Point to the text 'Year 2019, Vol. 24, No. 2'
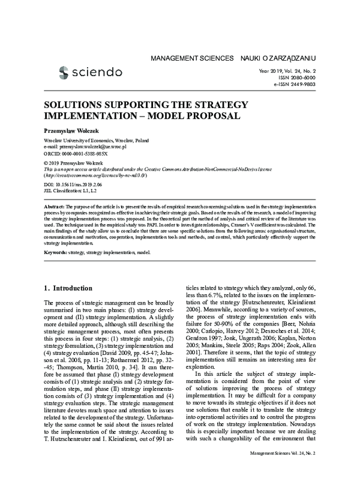pos(287,71)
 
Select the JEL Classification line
pos(70,191)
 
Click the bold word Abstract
pos(55,206)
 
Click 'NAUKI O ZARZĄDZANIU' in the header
pos(277,59)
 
